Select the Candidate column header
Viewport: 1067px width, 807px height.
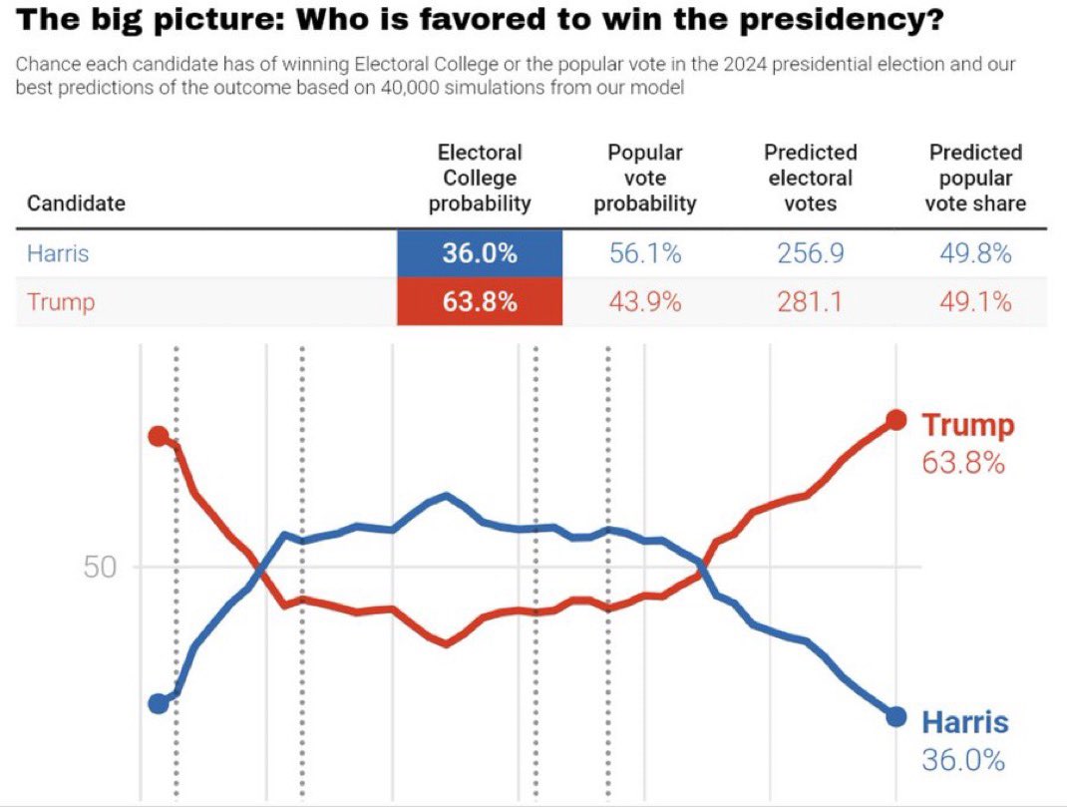(x=76, y=203)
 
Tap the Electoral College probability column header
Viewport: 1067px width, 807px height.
(x=480, y=178)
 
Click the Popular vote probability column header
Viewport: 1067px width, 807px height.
(x=644, y=178)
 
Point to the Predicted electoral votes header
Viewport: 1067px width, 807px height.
(x=810, y=178)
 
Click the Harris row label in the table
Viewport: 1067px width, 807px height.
(x=58, y=253)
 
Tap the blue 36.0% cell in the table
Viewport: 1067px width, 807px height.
(x=480, y=253)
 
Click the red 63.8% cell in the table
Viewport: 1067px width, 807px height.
(x=480, y=302)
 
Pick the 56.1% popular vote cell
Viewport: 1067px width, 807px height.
(x=644, y=253)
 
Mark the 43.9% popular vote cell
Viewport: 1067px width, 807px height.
(x=644, y=302)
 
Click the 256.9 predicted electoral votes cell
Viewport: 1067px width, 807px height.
(x=810, y=253)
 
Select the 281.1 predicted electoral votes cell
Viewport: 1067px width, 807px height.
(x=810, y=302)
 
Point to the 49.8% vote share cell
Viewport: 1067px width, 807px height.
(x=974, y=253)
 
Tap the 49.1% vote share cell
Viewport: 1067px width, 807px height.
(x=974, y=302)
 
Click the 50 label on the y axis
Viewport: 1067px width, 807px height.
(x=100, y=568)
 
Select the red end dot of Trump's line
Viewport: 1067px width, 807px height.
(x=895, y=420)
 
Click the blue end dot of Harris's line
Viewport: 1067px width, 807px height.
(x=895, y=716)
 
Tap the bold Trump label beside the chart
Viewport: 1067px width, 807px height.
(x=967, y=425)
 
